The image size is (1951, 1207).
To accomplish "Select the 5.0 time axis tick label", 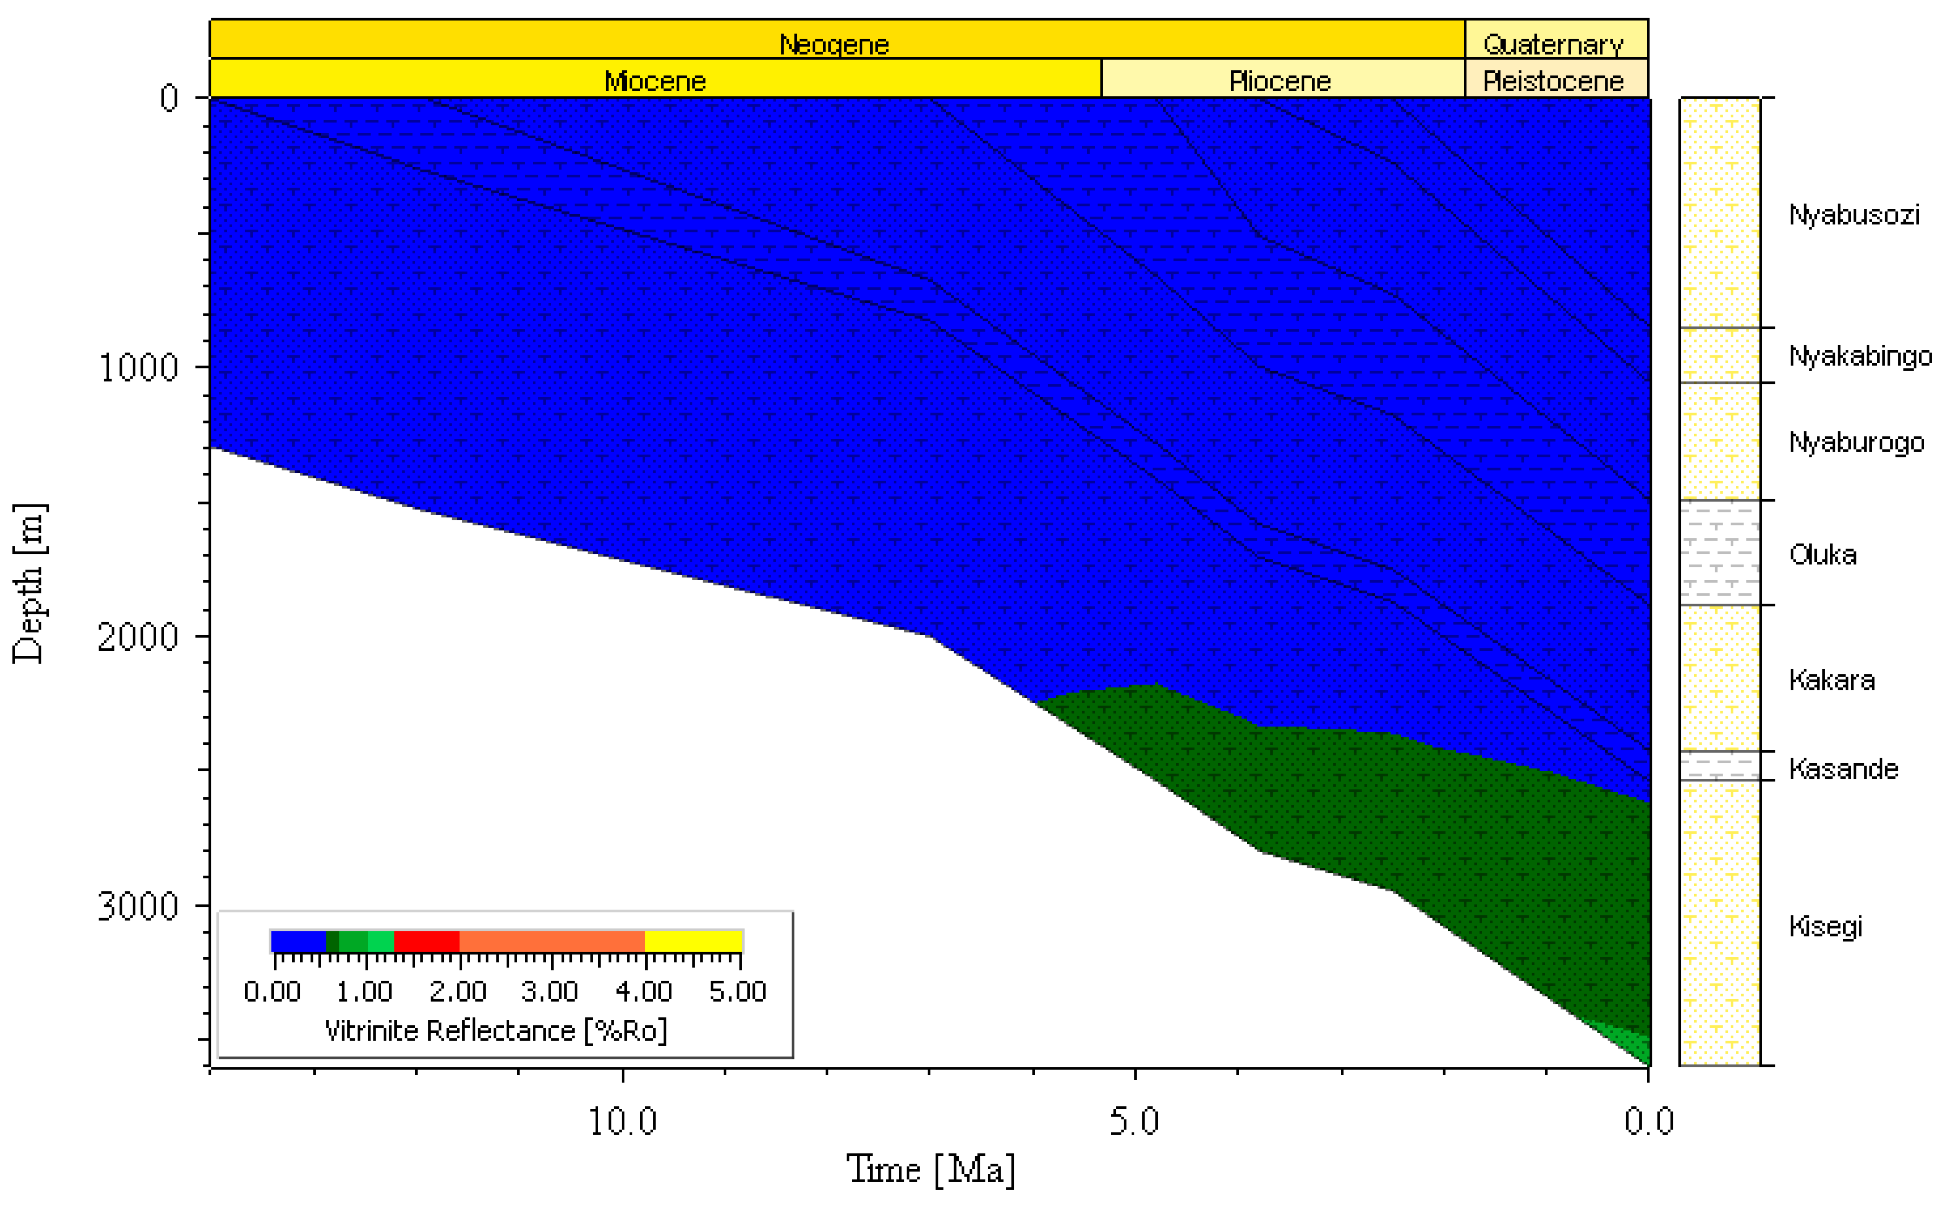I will click(1134, 1122).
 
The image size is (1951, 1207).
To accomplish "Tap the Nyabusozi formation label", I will click(1854, 215).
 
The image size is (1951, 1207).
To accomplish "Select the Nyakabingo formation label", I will click(1860, 356).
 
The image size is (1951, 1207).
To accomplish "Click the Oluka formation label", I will click(1822, 555).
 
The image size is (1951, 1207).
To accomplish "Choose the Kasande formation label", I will click(1843, 769).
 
